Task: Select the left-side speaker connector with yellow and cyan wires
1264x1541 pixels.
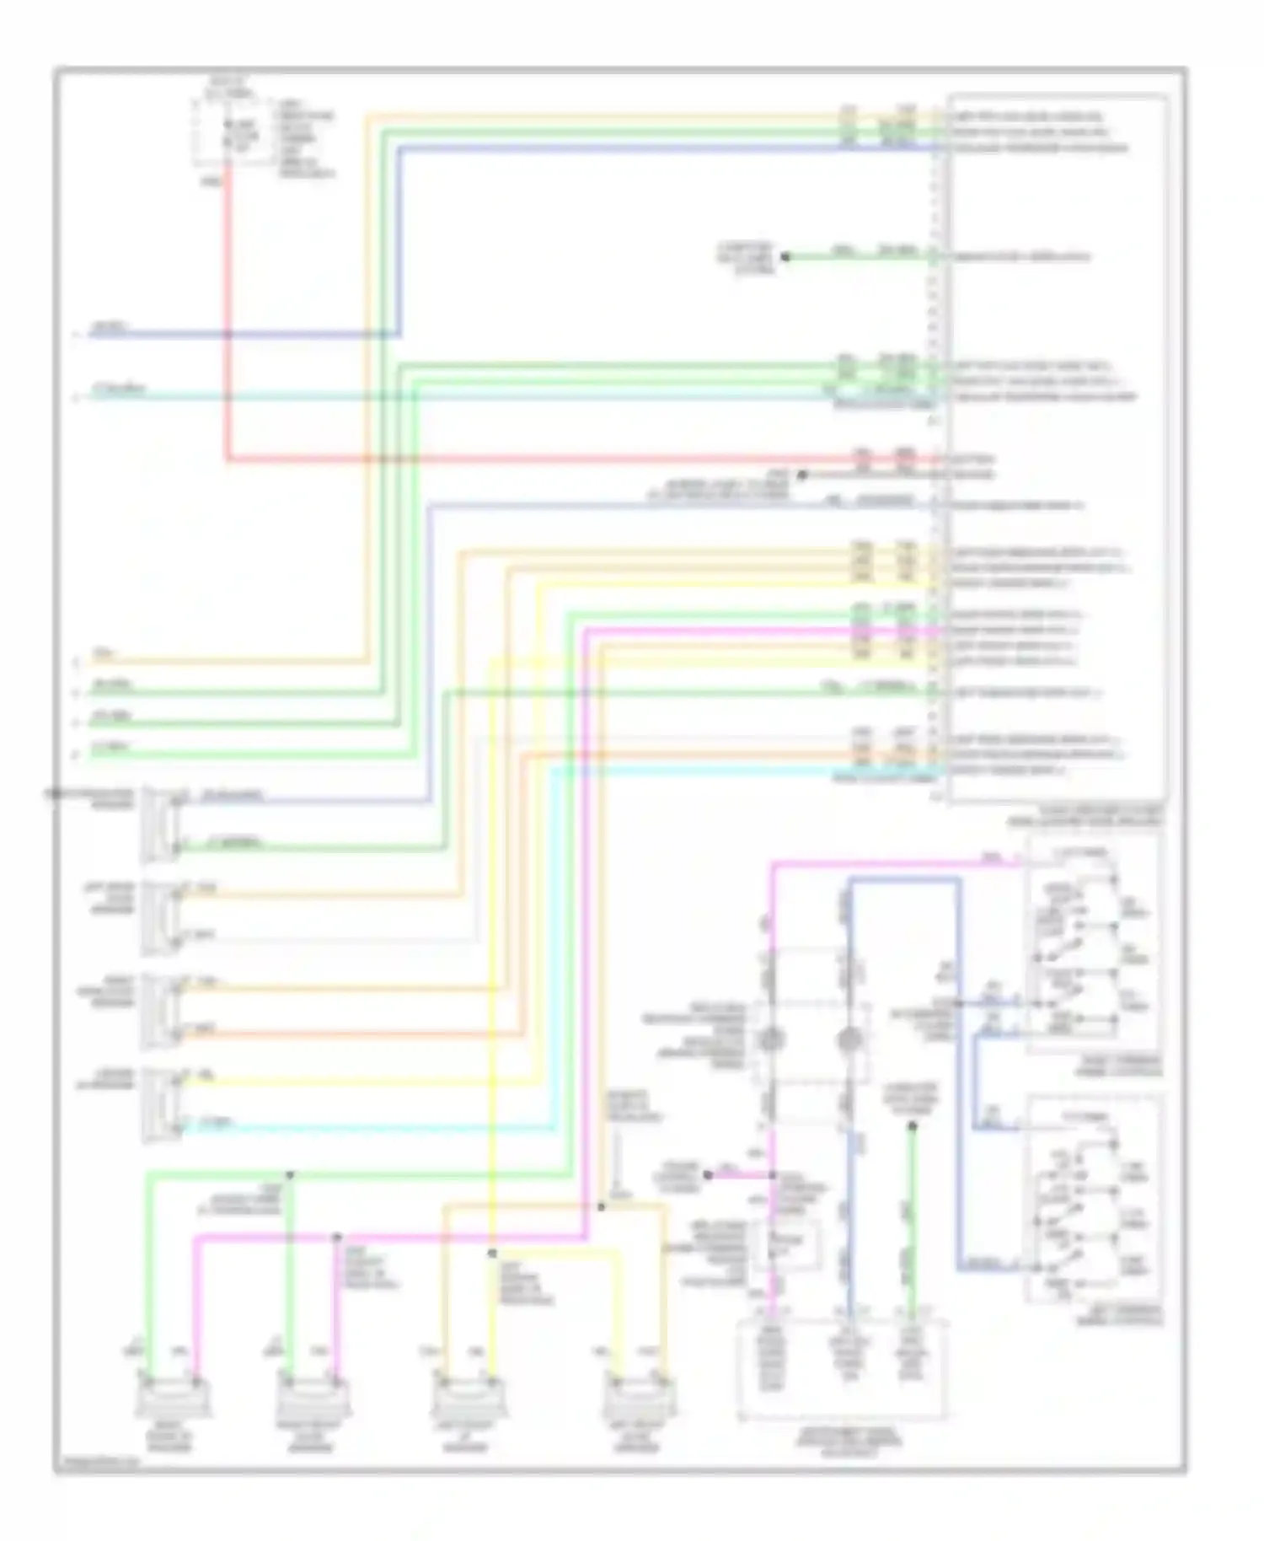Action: [x=160, y=1104]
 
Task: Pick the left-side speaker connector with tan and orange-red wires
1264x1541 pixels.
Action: [x=160, y=1011]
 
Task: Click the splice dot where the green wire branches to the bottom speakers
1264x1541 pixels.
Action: [x=289, y=1174]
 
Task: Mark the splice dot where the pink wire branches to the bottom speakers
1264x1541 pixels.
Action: [x=336, y=1237]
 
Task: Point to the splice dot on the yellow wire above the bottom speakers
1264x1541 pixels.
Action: [x=492, y=1254]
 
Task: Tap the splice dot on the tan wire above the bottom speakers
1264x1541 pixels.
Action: [x=601, y=1207]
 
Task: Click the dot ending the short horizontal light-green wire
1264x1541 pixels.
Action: [x=785, y=256]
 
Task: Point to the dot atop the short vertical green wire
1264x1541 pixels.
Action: [x=912, y=1126]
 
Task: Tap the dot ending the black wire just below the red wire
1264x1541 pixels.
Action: [x=802, y=475]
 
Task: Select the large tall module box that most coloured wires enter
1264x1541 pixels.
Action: [x=1058, y=447]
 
